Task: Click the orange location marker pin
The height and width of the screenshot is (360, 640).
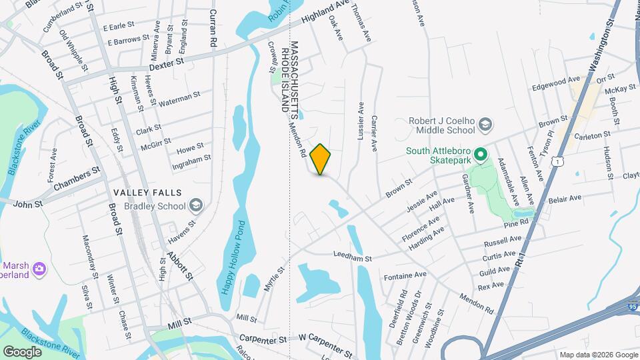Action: coord(321,159)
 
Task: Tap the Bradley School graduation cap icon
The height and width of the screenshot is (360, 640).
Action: coord(195,205)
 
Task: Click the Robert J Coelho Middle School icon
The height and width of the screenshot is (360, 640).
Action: coord(486,125)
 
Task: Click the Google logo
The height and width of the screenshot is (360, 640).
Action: coord(23,351)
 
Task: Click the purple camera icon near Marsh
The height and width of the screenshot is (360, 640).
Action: coord(41,268)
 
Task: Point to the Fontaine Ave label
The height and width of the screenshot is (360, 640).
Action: coord(405,275)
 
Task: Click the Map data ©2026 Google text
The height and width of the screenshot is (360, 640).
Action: coord(597,354)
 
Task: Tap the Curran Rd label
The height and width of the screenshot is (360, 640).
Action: coord(214,27)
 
